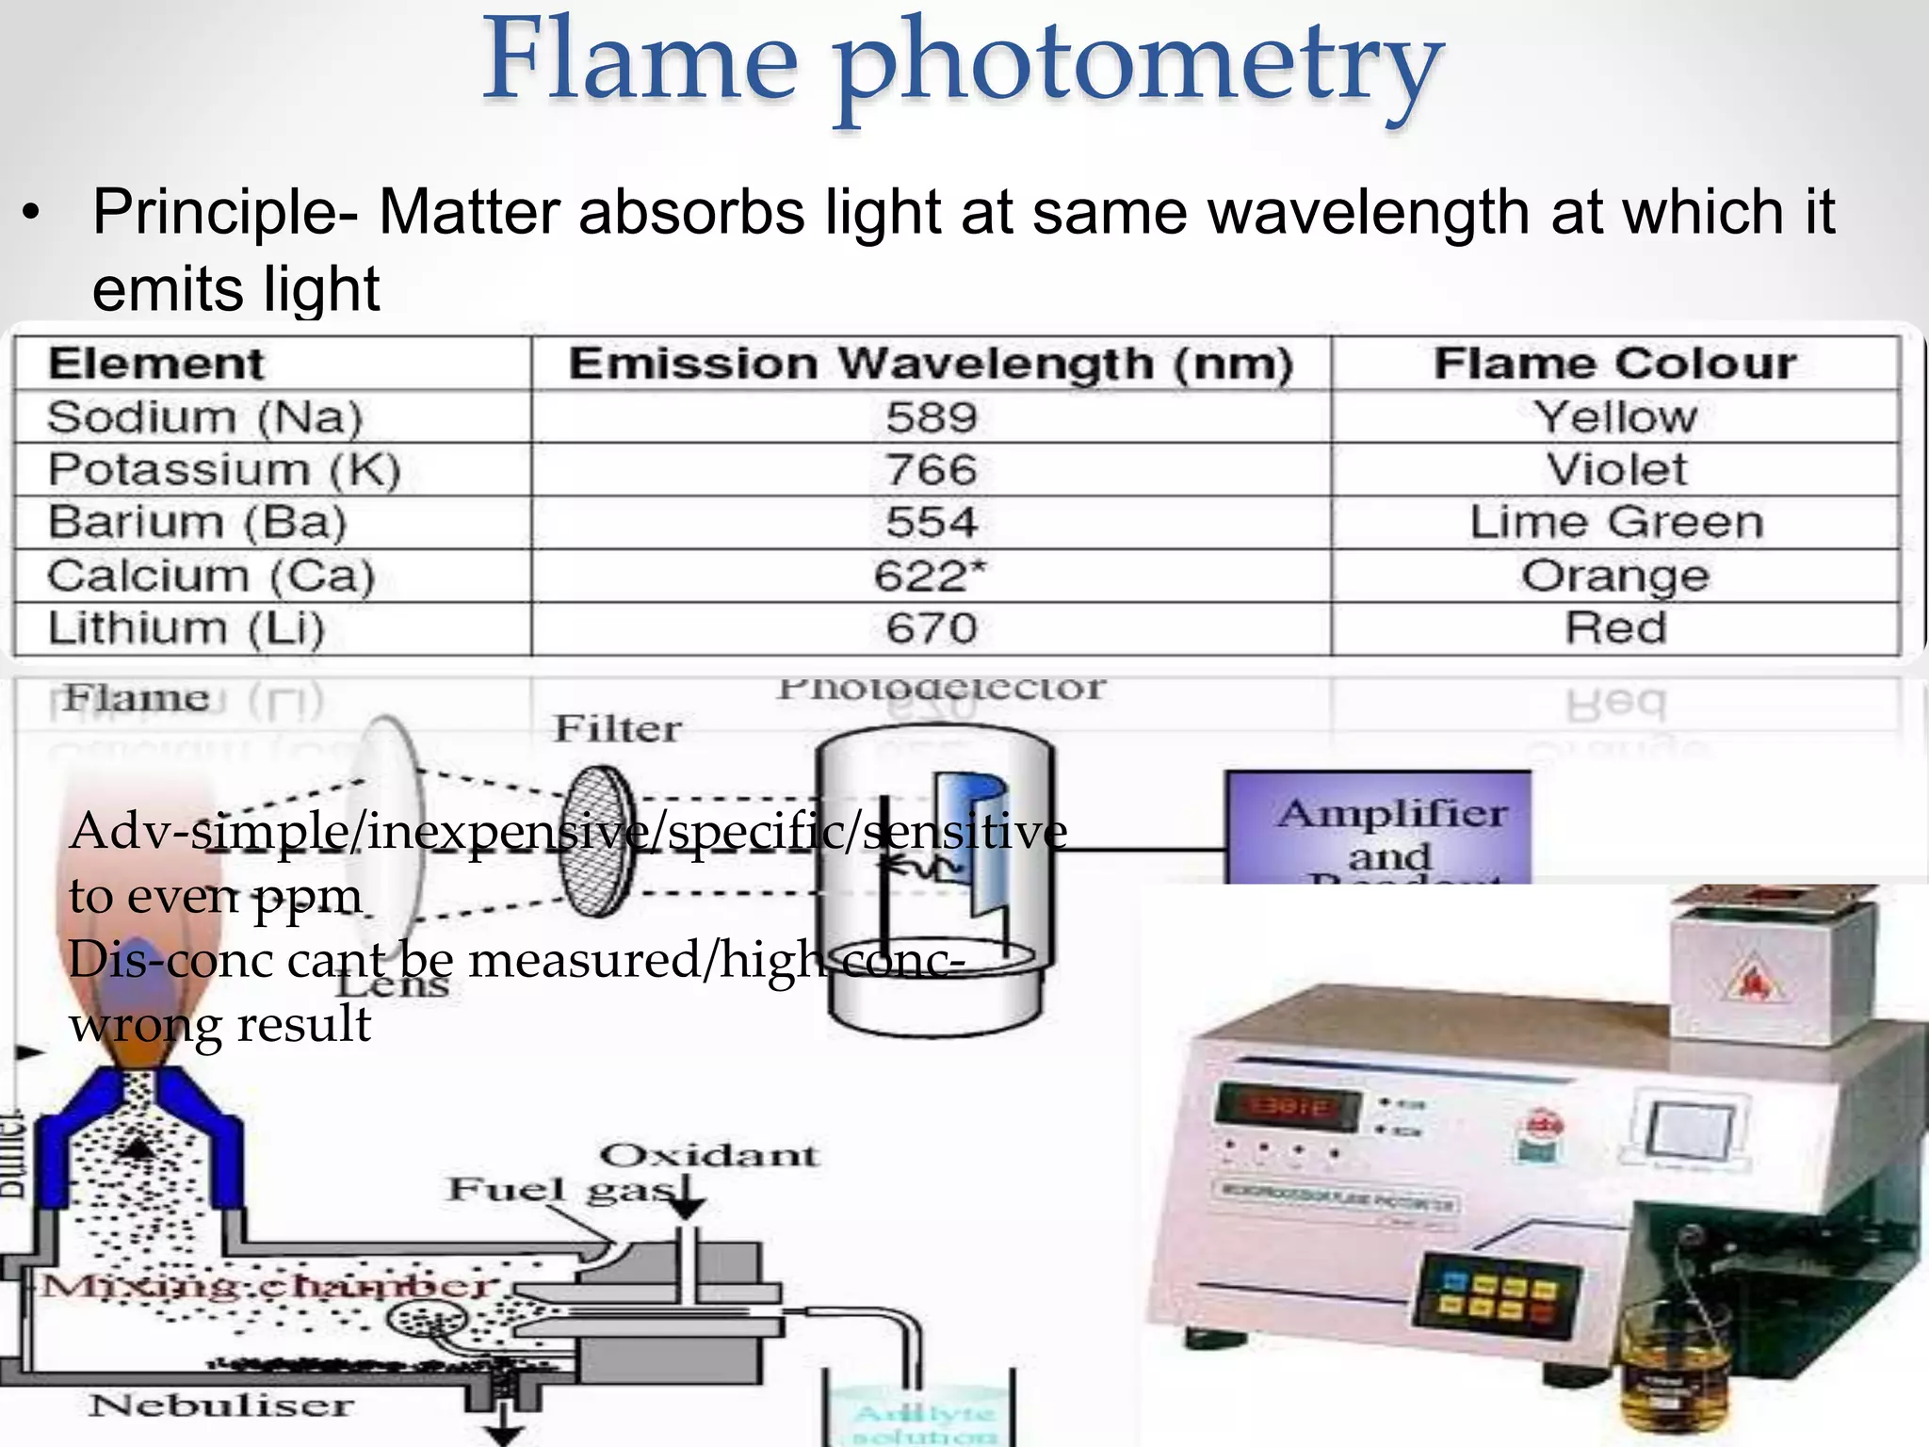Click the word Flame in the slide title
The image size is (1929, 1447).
click(640, 62)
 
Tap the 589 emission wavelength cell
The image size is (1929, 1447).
click(932, 417)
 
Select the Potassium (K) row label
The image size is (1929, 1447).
click(224, 469)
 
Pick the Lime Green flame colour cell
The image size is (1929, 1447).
click(1616, 522)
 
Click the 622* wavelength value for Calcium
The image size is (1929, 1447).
click(930, 576)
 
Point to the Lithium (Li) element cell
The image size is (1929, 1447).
click(186, 628)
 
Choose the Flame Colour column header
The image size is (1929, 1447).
click(1615, 364)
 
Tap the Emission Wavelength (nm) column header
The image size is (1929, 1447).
click(931, 364)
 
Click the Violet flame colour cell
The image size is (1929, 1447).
click(1616, 469)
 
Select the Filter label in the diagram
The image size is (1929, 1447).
click(617, 729)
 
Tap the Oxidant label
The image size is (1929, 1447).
click(709, 1155)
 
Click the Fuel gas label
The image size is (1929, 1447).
click(561, 1190)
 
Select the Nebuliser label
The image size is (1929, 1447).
click(222, 1406)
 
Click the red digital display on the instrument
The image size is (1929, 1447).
click(1288, 1107)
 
